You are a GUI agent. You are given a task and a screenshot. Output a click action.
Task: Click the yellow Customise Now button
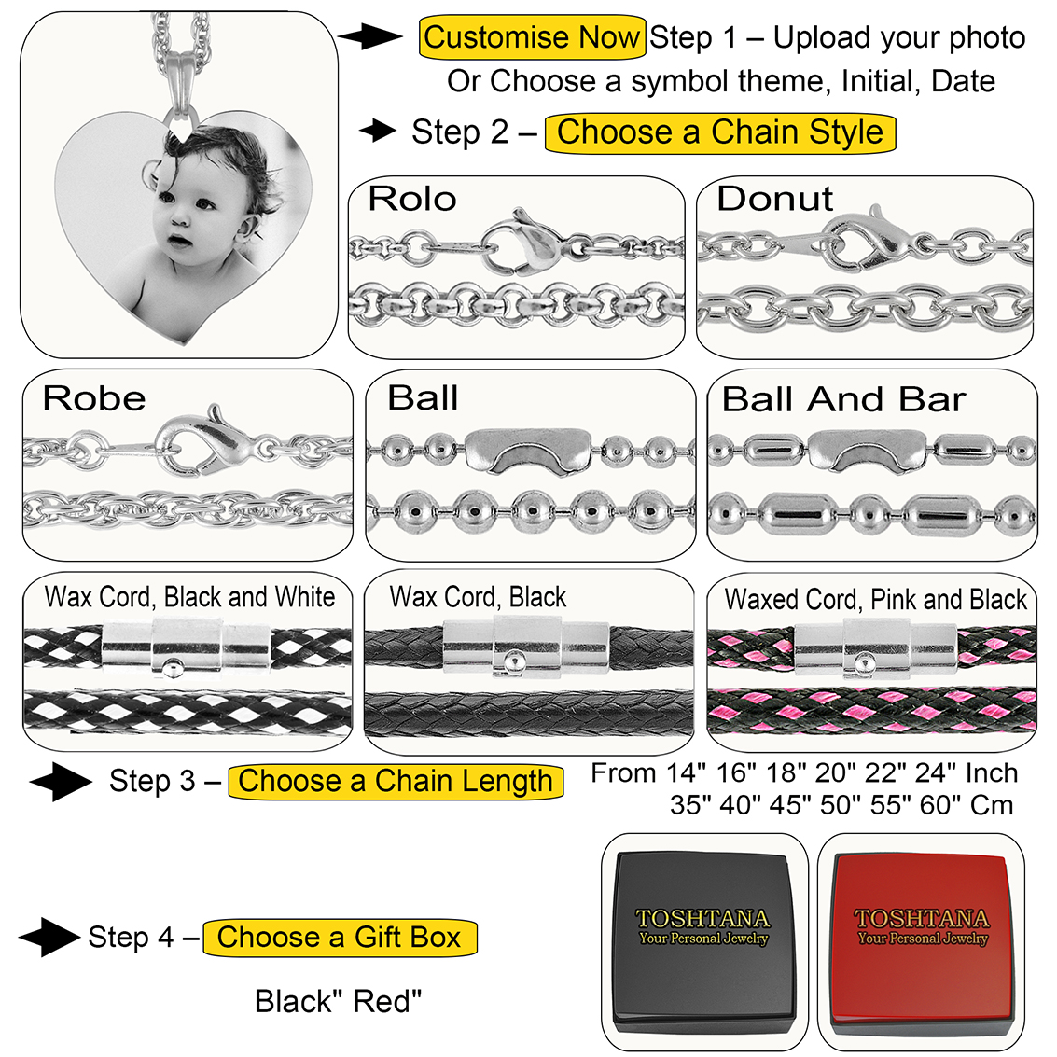click(x=532, y=38)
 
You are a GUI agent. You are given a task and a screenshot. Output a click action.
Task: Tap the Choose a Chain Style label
click(x=719, y=132)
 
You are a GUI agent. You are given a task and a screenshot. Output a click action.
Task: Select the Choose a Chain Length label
click(x=396, y=782)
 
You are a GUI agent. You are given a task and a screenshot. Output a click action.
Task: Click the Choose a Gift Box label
click(x=340, y=938)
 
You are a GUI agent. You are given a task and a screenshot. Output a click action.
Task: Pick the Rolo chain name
click(x=412, y=199)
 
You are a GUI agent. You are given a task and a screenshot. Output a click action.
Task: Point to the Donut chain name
click(x=774, y=199)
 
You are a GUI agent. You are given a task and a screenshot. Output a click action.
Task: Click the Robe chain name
click(x=94, y=399)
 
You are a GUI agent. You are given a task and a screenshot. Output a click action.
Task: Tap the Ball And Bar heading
click(x=843, y=399)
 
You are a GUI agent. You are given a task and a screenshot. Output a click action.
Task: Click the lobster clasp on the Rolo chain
click(x=522, y=244)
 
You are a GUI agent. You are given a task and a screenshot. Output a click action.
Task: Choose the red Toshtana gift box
click(x=922, y=942)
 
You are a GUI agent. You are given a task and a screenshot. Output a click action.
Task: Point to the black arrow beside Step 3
click(x=60, y=782)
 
